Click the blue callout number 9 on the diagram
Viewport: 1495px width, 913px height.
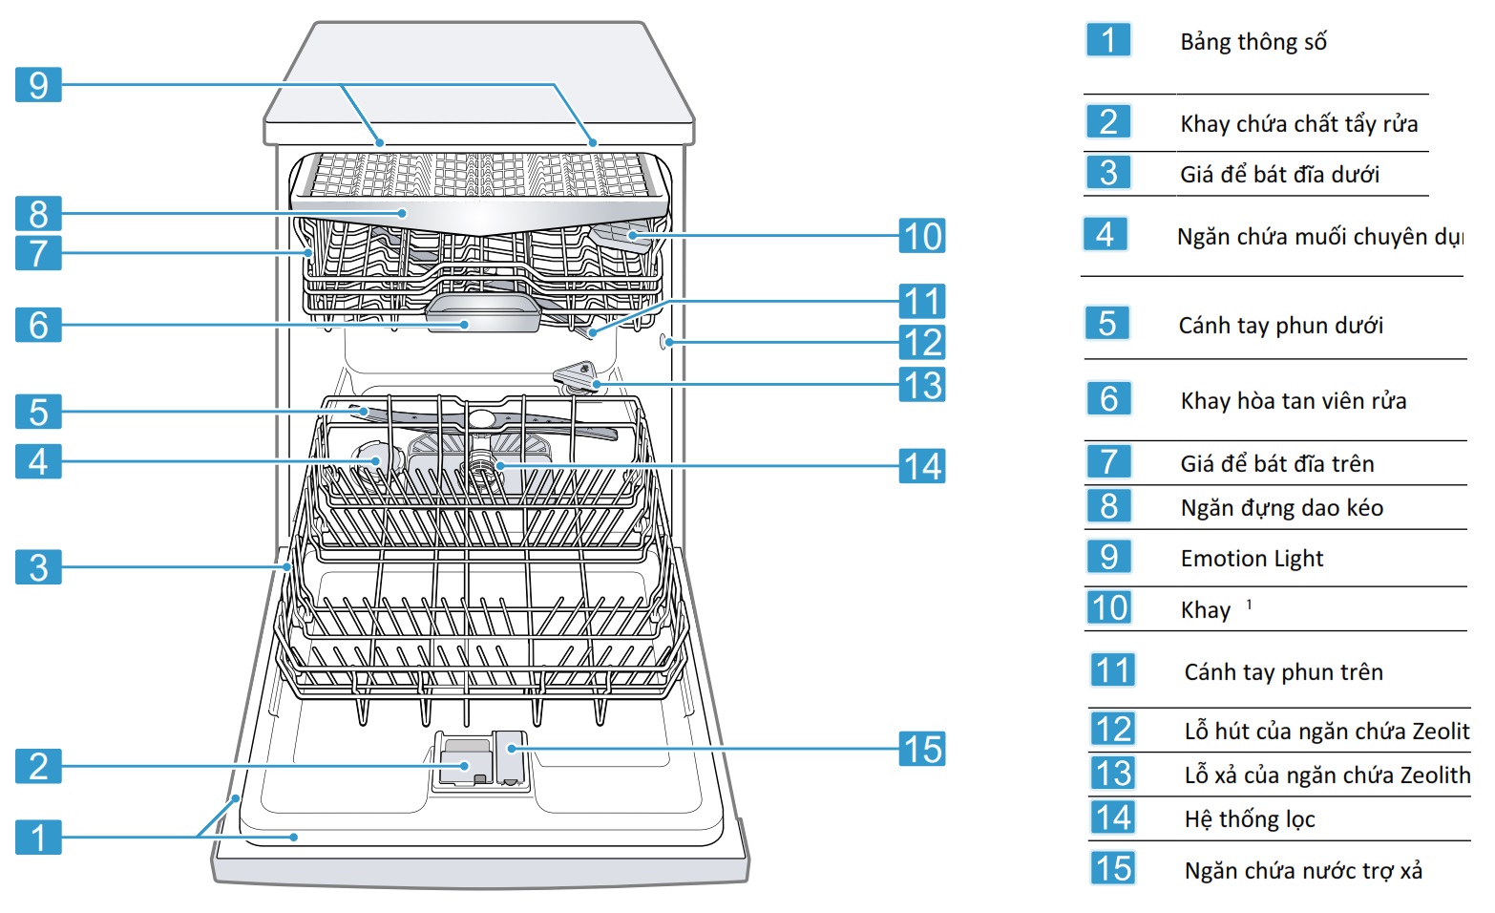coord(38,85)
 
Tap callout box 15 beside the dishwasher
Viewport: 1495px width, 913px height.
coord(922,750)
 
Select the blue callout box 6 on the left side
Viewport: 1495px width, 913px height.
coord(38,325)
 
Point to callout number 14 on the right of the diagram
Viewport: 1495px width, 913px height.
coord(922,466)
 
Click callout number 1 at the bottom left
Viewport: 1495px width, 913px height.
coord(38,838)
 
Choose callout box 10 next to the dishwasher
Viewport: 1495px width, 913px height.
coord(922,236)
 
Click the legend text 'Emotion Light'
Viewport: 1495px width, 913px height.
coord(1252,559)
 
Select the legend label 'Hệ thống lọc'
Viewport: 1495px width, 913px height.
coord(1250,819)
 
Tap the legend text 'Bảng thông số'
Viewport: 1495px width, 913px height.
coord(1253,42)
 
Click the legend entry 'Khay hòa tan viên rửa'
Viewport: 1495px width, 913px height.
coord(1294,401)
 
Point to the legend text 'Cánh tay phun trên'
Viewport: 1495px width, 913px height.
coord(1283,672)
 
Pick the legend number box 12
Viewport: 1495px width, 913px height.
coord(1113,730)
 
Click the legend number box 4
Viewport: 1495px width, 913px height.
coord(1105,234)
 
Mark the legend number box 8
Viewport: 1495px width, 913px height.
coord(1109,506)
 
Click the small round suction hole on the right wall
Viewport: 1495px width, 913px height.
coord(664,342)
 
